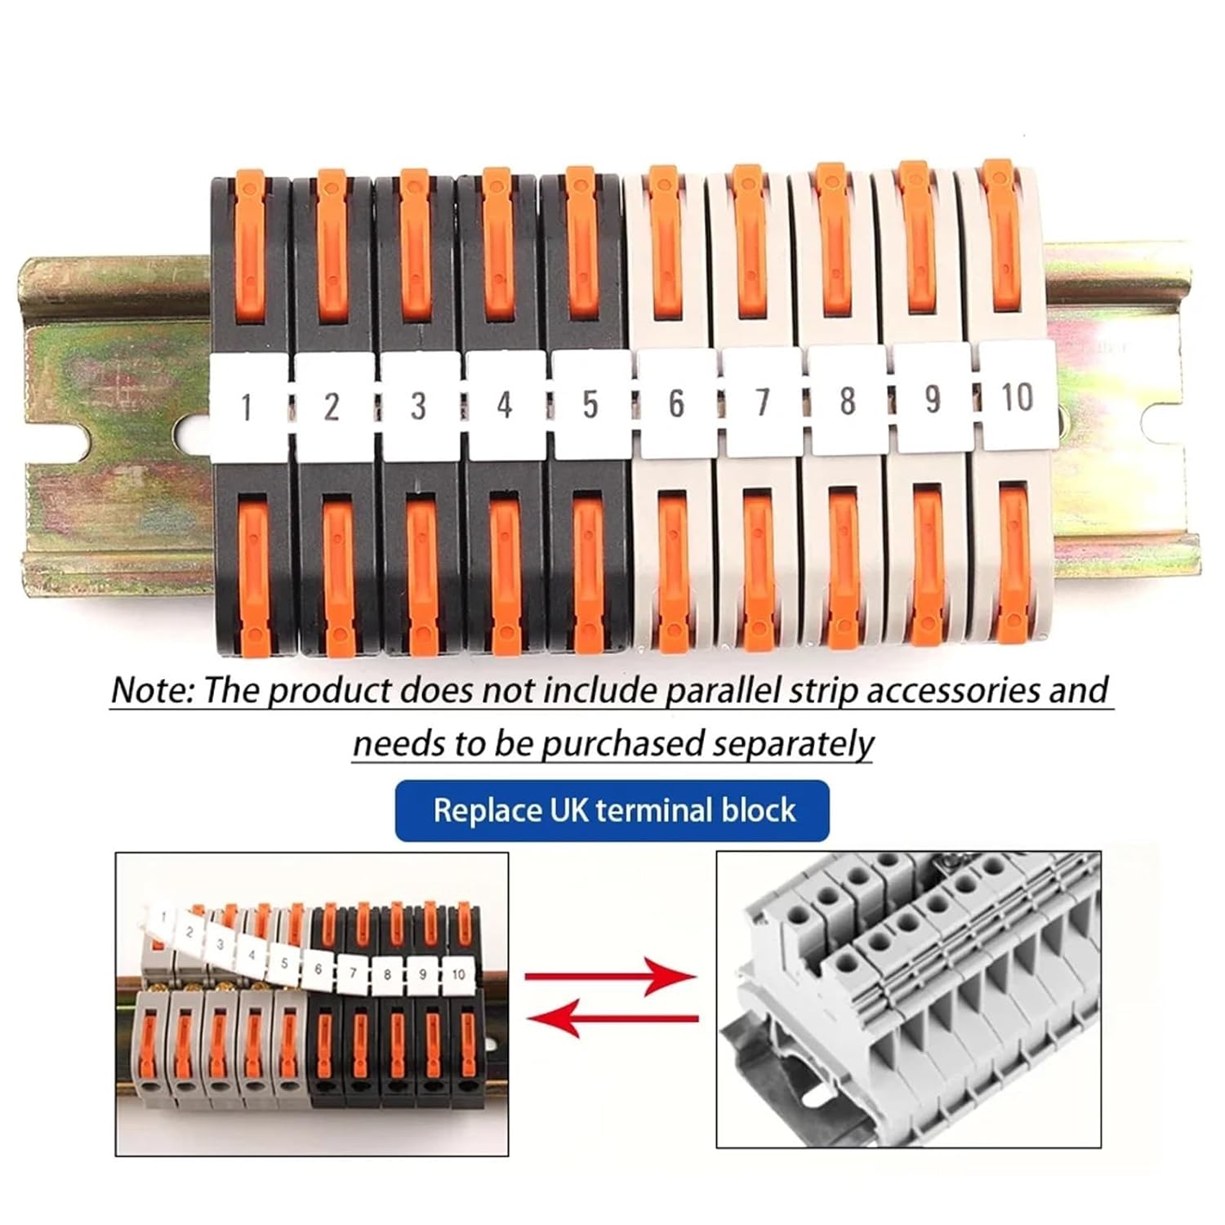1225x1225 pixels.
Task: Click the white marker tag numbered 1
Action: click(x=247, y=404)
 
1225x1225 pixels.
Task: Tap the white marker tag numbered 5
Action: click(x=590, y=403)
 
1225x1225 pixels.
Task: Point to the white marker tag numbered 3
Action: click(x=418, y=404)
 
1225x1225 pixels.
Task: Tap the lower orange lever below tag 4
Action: click(x=504, y=572)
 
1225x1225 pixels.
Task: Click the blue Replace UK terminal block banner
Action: click(x=612, y=810)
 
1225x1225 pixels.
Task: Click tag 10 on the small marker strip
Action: click(x=458, y=973)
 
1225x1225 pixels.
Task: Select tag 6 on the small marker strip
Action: click(x=318, y=969)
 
